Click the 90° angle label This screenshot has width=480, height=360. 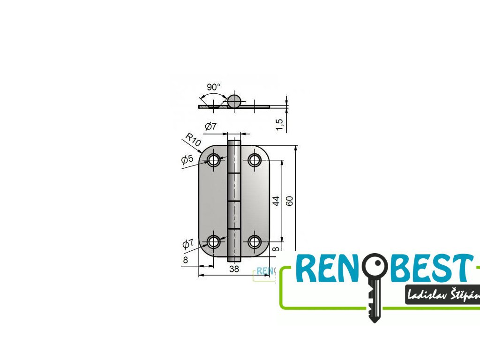pyautogui.click(x=213, y=87)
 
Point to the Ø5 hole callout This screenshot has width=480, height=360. pyautogui.click(x=187, y=159)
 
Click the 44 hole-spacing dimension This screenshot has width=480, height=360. pyautogui.click(x=276, y=201)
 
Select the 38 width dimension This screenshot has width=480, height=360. pyautogui.click(x=234, y=269)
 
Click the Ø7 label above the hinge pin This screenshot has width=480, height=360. pyautogui.click(x=210, y=126)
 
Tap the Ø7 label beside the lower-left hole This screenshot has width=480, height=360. pyautogui.click(x=187, y=244)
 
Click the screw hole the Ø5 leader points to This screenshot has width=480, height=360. pyautogui.click(x=214, y=160)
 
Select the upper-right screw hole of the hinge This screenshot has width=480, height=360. pyautogui.click(x=255, y=160)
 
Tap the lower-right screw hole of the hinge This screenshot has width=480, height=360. pyautogui.click(x=255, y=242)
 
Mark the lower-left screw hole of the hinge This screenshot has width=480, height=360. pyautogui.click(x=214, y=242)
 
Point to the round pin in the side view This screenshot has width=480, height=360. pyautogui.click(x=234, y=100)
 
